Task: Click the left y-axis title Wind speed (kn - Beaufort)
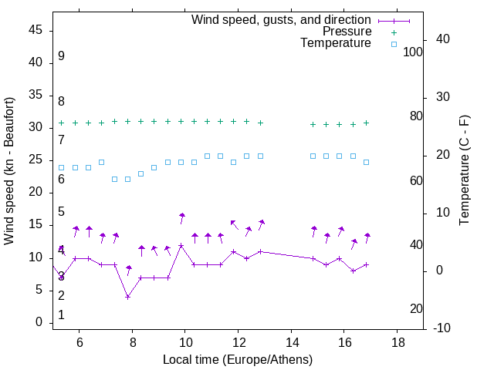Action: click(x=9, y=171)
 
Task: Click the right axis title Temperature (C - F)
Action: click(x=464, y=171)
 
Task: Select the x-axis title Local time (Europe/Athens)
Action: click(x=238, y=359)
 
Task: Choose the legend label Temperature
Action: click(x=336, y=44)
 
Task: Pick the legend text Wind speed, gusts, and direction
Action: click(x=282, y=19)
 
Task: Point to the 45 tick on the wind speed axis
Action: click(x=36, y=30)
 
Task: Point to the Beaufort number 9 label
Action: click(x=61, y=56)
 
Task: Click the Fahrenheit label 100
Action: click(x=414, y=52)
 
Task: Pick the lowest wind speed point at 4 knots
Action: click(x=128, y=297)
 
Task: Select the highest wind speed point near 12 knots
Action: click(x=181, y=245)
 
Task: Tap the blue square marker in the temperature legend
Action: click(x=394, y=44)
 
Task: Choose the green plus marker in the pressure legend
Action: click(x=394, y=32)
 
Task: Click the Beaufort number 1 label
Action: click(x=61, y=315)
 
